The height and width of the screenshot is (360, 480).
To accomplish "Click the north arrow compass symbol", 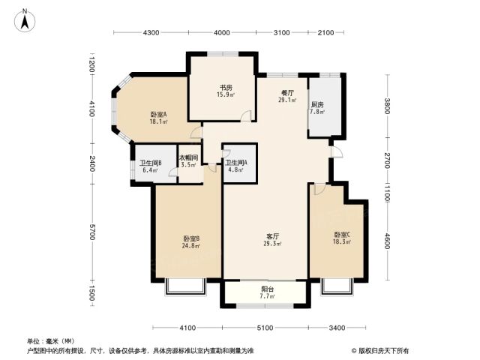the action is coord(25,20).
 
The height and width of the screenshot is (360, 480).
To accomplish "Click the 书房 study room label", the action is coord(226,88).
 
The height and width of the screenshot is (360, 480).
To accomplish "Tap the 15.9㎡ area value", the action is coord(226,94).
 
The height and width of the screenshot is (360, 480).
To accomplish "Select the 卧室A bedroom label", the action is coord(158,115).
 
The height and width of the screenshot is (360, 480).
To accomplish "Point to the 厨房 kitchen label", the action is coord(317,105).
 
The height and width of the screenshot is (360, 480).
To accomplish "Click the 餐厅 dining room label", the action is coord(287,92).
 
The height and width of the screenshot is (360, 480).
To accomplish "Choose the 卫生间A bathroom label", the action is coord(236,163).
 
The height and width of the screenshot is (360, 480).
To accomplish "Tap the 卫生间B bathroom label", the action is coord(151,163).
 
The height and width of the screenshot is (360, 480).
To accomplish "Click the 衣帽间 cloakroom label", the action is coord(188,158).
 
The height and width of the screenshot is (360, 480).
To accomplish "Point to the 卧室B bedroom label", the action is coord(192,238).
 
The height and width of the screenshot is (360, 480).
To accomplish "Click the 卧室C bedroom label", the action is coord(342,235).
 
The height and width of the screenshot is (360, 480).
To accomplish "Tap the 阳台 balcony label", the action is coord(268,289).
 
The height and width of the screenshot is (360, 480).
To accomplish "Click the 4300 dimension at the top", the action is coord(151,32).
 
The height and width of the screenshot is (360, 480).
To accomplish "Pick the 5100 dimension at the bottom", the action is coord(265,328).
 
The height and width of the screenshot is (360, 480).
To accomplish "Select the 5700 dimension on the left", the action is coord(92,232).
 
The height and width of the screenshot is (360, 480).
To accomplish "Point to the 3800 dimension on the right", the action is coord(387,106).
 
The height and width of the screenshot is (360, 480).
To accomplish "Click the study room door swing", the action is coord(246,117).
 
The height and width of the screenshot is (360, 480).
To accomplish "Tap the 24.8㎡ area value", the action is coord(192,245).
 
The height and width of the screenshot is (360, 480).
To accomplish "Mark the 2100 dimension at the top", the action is coord(325,32).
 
